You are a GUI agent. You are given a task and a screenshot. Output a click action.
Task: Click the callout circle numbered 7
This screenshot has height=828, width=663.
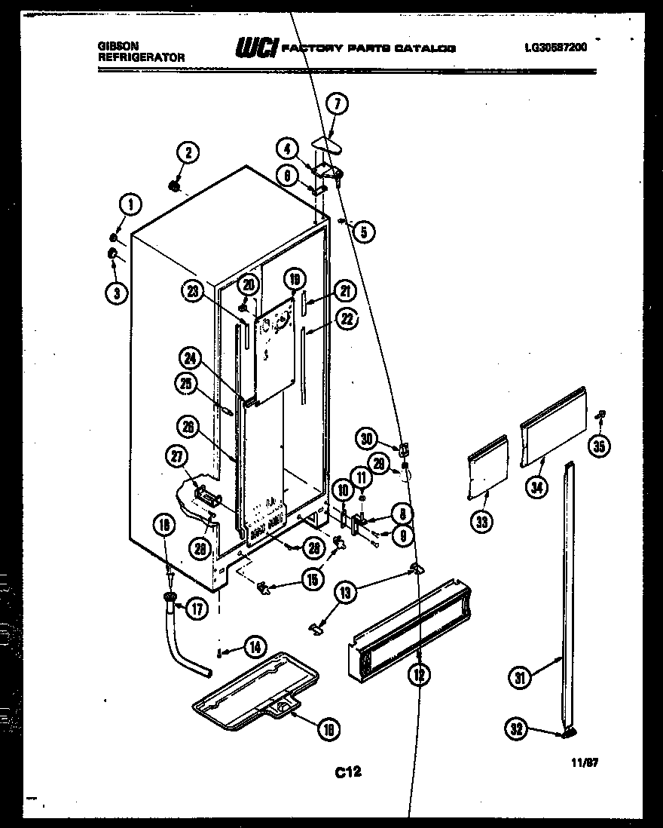coord(337,106)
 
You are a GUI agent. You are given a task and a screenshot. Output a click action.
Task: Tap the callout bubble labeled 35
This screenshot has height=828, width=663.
coord(600,446)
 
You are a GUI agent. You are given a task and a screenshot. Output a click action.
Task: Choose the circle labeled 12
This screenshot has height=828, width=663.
coord(419,676)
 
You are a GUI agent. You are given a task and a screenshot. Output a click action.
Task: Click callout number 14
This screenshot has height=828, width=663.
coord(255,646)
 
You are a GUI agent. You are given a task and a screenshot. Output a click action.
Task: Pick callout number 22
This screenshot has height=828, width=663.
coord(346,319)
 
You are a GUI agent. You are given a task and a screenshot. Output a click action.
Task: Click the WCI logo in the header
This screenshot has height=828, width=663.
coord(255,48)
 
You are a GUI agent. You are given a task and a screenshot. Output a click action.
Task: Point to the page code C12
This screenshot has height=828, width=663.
coord(348,771)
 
